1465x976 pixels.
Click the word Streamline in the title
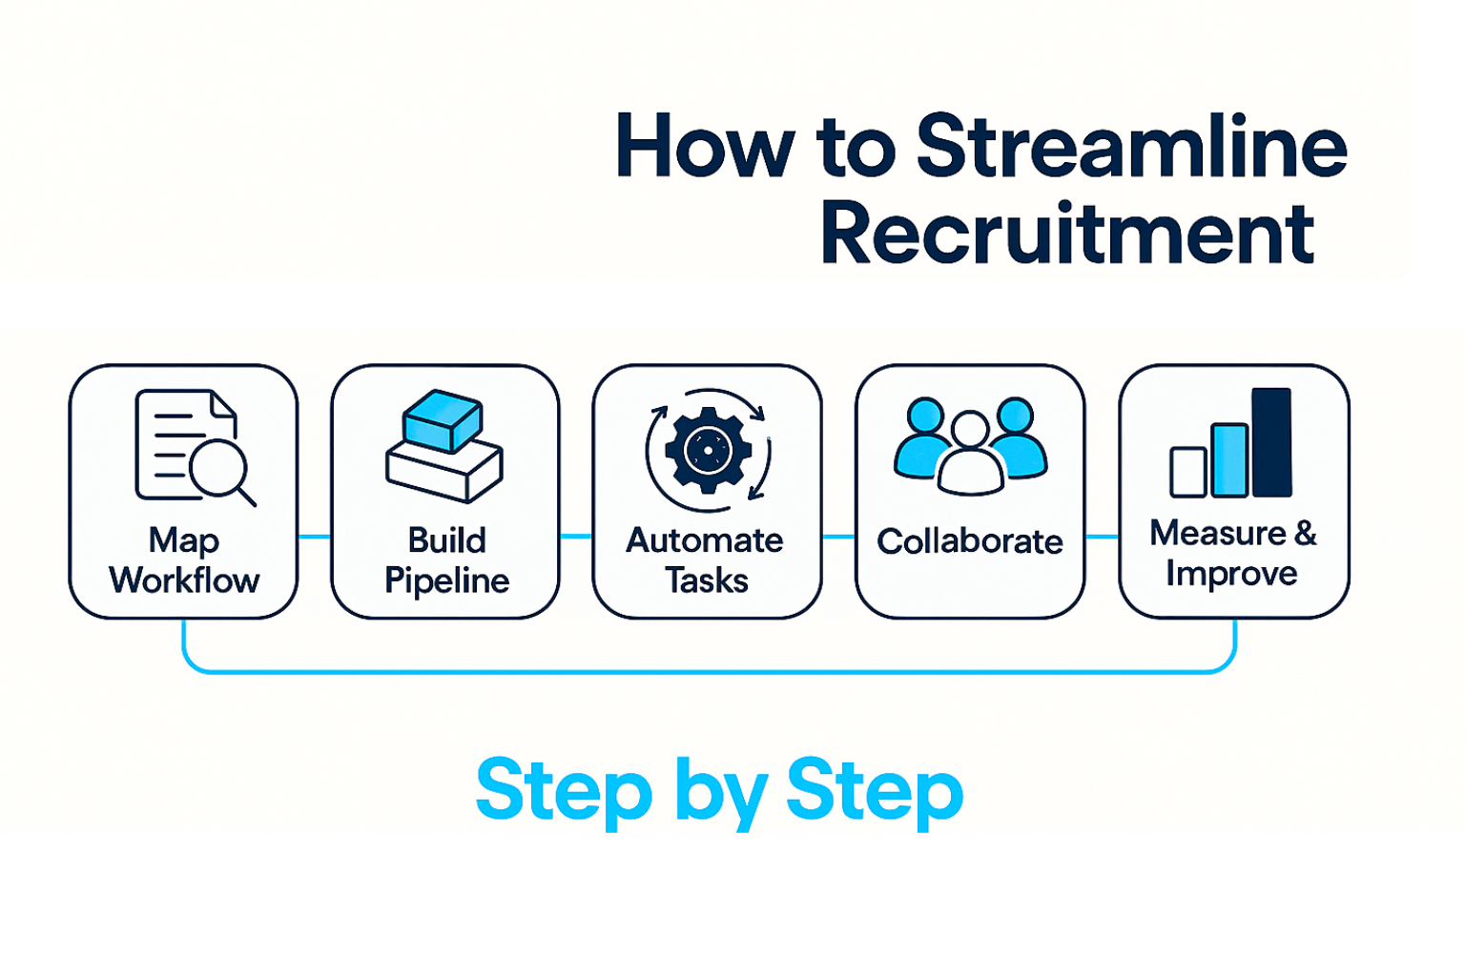(1131, 147)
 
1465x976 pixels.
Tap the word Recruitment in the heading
(1066, 234)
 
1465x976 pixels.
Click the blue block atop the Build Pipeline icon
(443, 419)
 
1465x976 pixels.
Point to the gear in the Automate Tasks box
(708, 450)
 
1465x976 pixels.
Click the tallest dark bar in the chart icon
(1271, 442)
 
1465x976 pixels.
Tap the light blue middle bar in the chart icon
(1229, 460)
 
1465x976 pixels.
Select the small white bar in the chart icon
(1188, 472)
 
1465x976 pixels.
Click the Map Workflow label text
(184, 560)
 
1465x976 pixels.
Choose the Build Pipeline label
(446, 560)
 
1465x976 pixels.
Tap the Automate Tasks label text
(706, 560)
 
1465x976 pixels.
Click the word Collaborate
(970, 541)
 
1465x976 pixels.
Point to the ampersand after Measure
(1306, 533)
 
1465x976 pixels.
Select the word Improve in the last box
(1231, 574)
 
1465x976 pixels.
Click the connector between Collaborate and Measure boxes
(1102, 537)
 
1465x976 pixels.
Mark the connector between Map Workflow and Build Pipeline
(314, 537)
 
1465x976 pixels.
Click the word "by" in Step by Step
(720, 791)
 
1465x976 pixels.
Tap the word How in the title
(704, 147)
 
